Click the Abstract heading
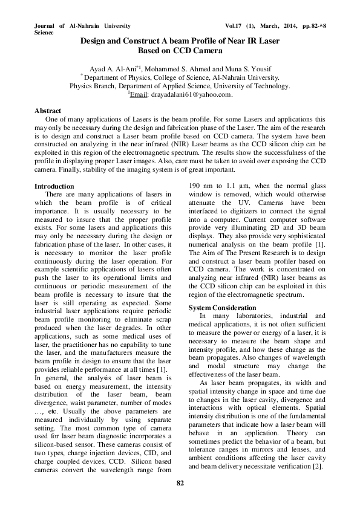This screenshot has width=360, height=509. tap(48, 111)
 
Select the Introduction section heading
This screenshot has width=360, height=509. tap(55, 186)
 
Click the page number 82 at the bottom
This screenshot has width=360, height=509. tap(180, 483)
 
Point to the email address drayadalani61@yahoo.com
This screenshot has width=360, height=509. tap(192, 95)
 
